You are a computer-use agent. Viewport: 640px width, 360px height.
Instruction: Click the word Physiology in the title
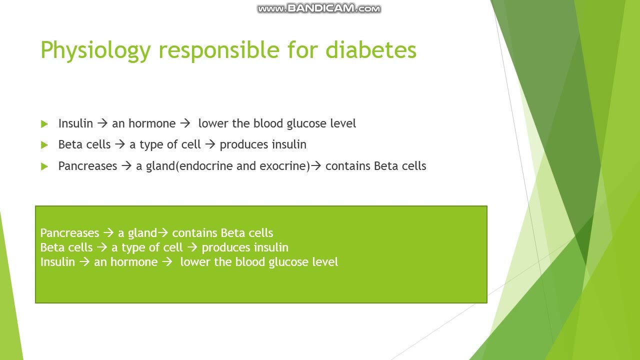(95, 50)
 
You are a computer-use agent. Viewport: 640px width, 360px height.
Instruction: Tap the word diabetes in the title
(371, 50)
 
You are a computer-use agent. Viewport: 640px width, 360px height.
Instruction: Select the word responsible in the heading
(219, 50)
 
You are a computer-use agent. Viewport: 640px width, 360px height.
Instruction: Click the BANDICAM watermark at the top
(319, 8)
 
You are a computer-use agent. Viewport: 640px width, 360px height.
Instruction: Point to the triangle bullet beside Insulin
(44, 124)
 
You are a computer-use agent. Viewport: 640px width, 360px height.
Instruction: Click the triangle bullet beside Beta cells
(44, 145)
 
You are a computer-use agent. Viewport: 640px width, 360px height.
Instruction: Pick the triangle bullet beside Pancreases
(44, 166)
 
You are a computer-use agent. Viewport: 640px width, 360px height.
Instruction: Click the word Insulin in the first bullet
(75, 123)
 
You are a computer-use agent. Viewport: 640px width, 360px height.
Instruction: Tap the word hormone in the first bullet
(152, 123)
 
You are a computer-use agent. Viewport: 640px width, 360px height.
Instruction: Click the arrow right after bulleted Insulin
(102, 123)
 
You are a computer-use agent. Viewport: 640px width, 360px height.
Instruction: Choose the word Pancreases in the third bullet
(87, 166)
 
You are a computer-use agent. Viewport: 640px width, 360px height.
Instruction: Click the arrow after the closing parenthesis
(316, 166)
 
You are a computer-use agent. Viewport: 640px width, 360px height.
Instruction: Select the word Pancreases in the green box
(69, 233)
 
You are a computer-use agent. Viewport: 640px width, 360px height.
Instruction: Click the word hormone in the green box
(134, 262)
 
